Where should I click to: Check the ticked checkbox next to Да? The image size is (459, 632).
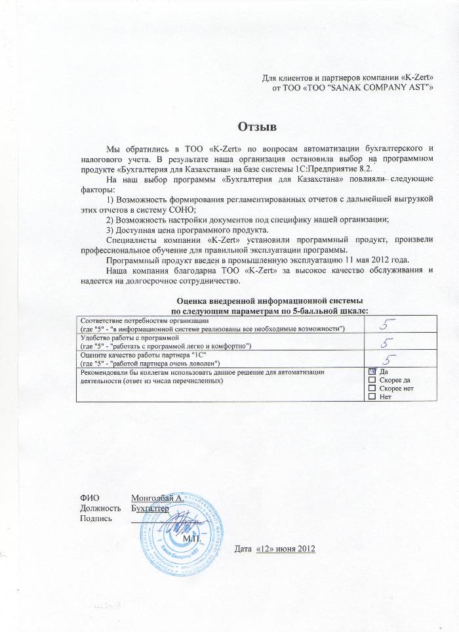pyautogui.click(x=373, y=372)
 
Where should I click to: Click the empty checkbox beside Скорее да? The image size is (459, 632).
pyautogui.click(x=373, y=381)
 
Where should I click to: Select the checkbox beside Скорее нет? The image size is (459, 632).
pyautogui.click(x=373, y=389)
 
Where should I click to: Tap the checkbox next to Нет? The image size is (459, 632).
pyautogui.click(x=373, y=398)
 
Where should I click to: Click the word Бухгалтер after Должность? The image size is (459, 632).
pyautogui.click(x=150, y=508)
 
